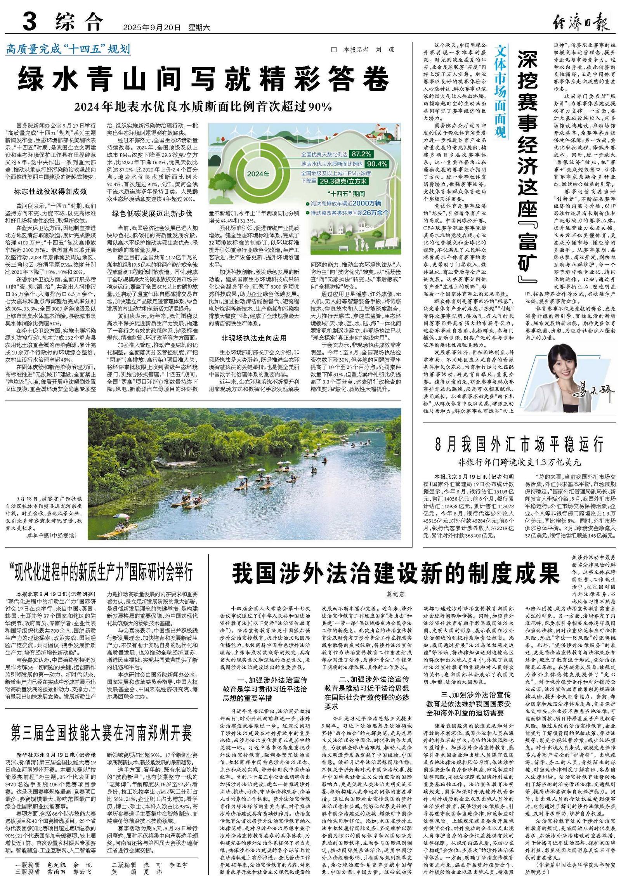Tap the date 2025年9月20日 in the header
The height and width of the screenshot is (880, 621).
(x=152, y=28)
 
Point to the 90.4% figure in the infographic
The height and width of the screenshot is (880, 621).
(x=376, y=164)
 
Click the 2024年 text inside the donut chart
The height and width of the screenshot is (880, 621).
(x=258, y=174)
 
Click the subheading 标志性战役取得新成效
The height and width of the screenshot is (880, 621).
(x=50, y=191)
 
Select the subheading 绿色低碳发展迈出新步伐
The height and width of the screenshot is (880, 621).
(x=152, y=213)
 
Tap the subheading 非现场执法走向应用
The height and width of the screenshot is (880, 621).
(x=254, y=338)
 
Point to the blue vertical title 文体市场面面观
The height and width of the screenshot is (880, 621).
(x=500, y=91)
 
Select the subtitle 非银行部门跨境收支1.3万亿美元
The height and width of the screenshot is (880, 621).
(x=519, y=462)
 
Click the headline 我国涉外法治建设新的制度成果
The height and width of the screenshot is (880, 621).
(x=396, y=573)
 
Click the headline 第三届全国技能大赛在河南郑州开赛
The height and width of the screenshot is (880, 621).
(x=102, y=733)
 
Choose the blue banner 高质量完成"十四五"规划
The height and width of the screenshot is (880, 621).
(x=68, y=49)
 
